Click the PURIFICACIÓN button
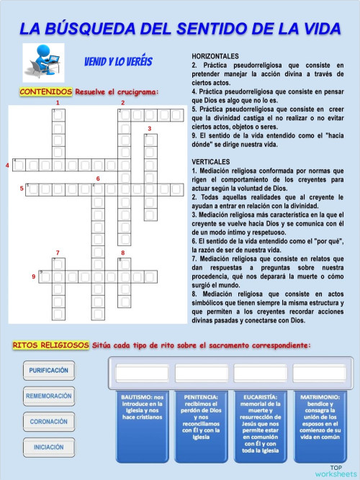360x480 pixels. point(49,371)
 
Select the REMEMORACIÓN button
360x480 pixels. point(49,396)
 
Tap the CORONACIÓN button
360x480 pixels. point(49,421)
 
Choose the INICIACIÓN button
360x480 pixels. point(49,447)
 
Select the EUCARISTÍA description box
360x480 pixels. point(260,425)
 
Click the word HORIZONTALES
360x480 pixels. point(215,56)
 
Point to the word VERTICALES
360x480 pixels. point(211,160)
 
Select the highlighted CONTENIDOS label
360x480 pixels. point(46,91)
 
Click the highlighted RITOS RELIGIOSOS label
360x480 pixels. point(50,345)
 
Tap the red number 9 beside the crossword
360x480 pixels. point(34,276)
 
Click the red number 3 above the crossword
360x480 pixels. point(149,129)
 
